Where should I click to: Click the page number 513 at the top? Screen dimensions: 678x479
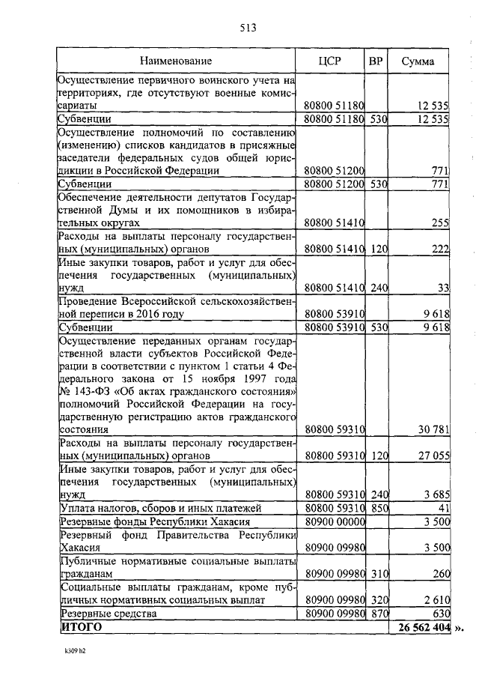248,28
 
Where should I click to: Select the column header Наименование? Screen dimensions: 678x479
179,61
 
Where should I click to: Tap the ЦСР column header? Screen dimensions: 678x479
329,61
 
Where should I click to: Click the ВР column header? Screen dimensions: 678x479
375,61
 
